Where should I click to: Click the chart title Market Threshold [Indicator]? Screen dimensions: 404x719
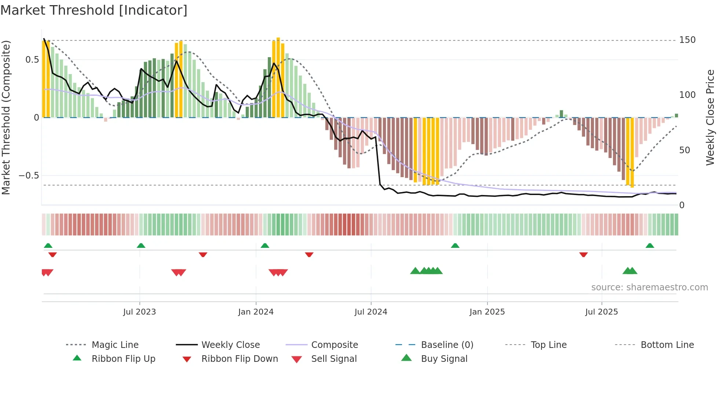tap(94, 10)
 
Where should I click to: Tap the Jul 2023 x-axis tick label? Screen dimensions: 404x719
tap(139, 312)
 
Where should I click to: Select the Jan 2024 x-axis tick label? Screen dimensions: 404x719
tap(256, 312)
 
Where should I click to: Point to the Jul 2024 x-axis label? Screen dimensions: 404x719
tap(371, 312)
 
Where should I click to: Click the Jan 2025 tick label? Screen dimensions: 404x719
tap(487, 312)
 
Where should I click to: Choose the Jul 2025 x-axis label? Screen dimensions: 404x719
tap(602, 312)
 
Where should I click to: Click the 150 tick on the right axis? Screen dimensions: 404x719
tap(687, 40)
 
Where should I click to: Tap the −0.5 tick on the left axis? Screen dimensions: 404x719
tap(29, 176)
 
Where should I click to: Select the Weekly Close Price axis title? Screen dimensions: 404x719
tap(711, 117)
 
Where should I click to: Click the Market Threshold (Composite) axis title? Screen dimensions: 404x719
tap(6, 117)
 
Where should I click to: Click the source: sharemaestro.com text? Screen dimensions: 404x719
tap(649, 287)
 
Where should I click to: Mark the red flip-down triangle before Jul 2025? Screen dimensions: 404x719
tap(583, 254)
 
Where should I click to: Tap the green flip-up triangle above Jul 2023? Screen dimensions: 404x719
tap(141, 246)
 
